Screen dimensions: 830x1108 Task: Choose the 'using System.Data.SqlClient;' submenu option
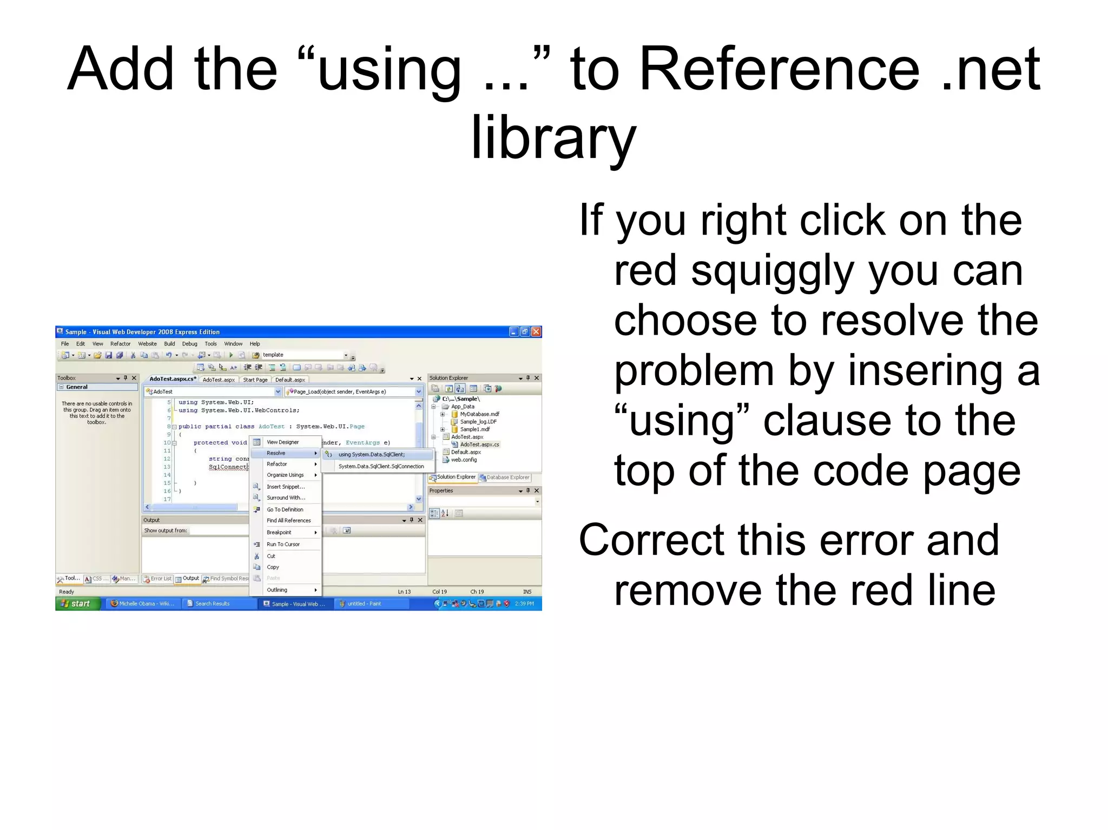pyautogui.click(x=372, y=455)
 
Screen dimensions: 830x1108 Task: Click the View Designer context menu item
pyautogui.click(x=282, y=442)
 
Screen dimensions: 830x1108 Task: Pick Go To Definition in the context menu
pyautogui.click(x=285, y=509)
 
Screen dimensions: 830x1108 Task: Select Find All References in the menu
pyautogui.click(x=289, y=521)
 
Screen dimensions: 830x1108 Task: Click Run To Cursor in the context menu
pyautogui.click(x=283, y=545)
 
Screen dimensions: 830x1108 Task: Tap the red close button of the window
pyautogui.click(x=536, y=331)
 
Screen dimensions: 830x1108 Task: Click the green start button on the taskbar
pyautogui.click(x=77, y=603)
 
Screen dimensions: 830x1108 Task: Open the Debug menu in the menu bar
pyautogui.click(x=189, y=344)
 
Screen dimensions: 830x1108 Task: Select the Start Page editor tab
pyautogui.click(x=255, y=380)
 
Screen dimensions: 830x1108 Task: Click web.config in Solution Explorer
pyautogui.click(x=464, y=460)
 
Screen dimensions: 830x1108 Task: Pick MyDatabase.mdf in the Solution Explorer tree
pyautogui.click(x=479, y=414)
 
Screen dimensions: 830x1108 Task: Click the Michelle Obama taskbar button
pyautogui.click(x=143, y=603)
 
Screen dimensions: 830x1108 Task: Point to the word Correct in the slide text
pyautogui.click(x=650, y=541)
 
